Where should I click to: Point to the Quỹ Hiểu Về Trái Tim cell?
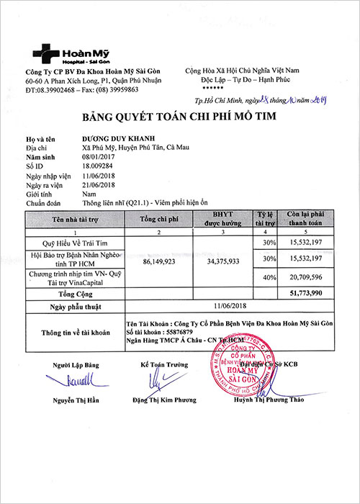tap(78, 243)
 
